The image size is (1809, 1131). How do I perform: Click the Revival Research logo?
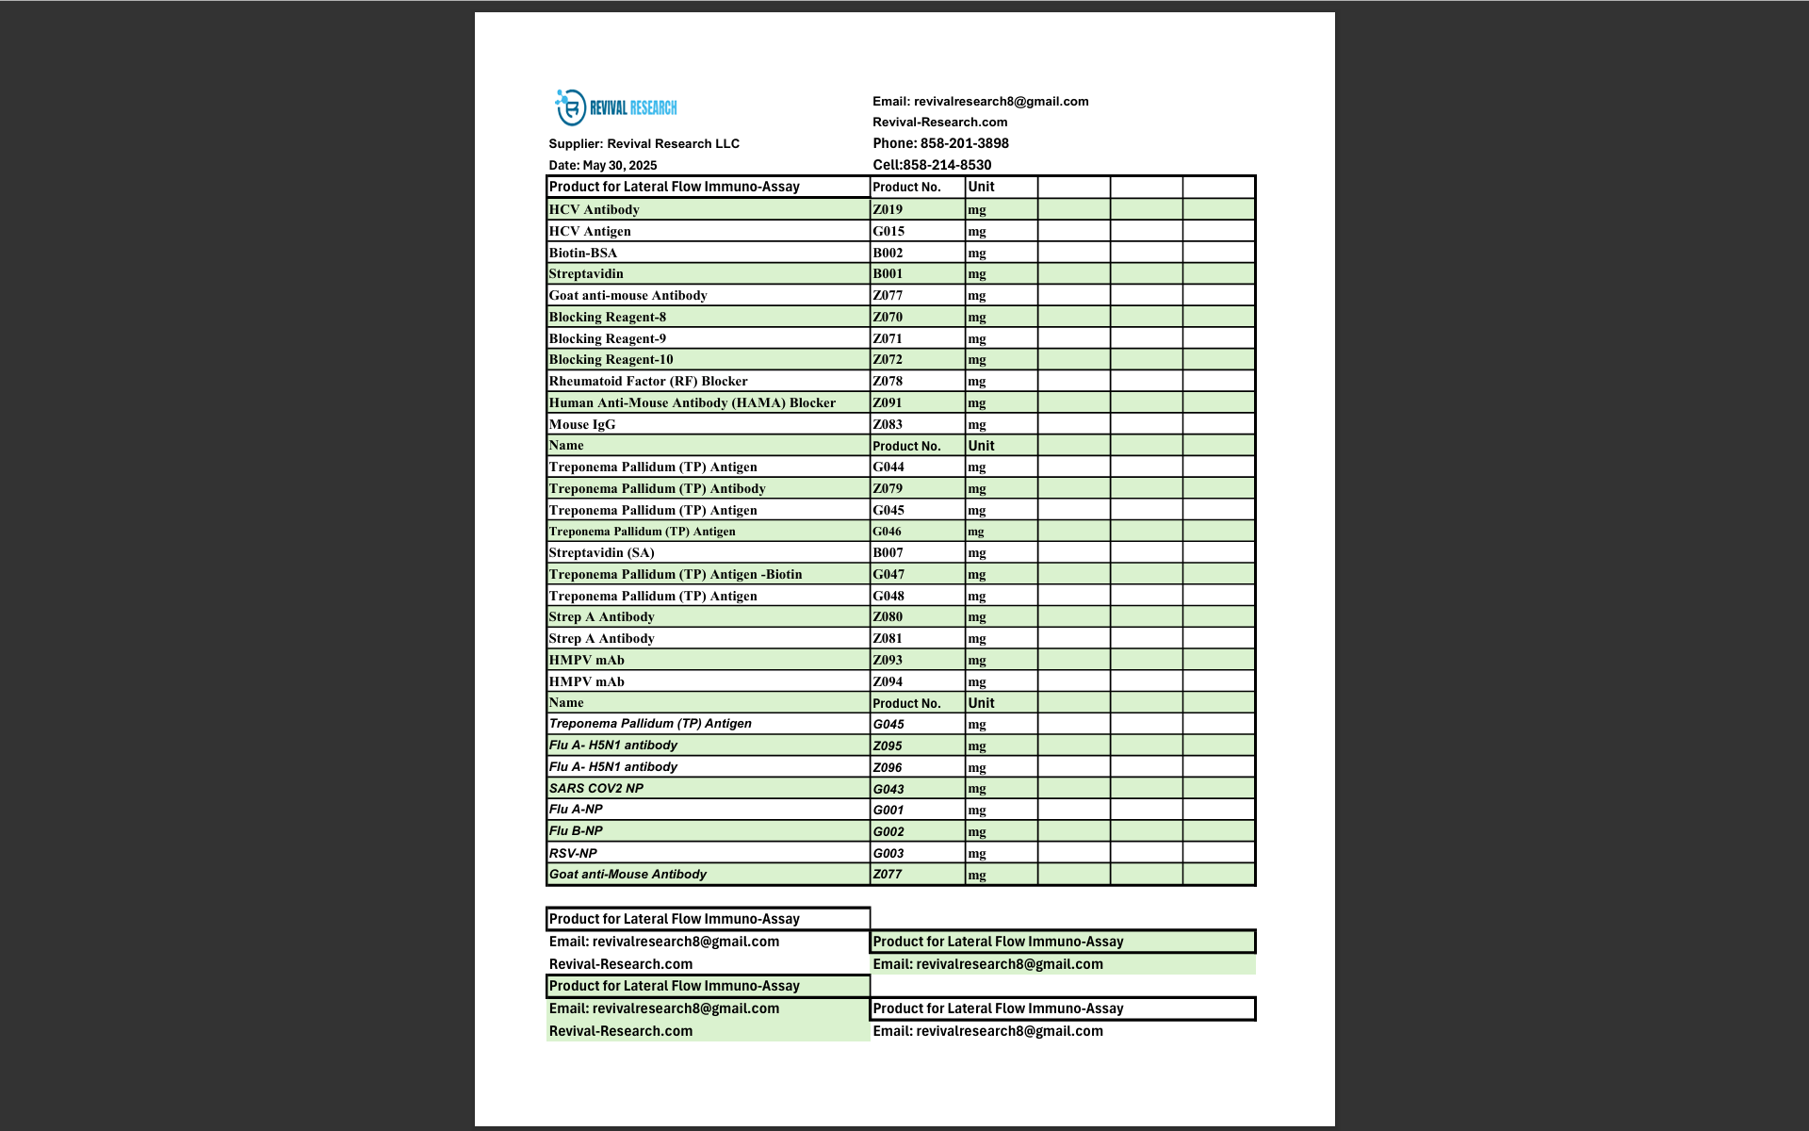point(616,107)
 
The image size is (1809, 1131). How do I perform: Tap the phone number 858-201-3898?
point(964,143)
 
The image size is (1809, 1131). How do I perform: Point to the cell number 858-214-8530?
point(946,165)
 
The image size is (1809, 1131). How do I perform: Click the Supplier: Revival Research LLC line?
point(644,143)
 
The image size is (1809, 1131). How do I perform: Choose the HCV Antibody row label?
point(594,209)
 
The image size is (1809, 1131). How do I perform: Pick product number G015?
point(888,231)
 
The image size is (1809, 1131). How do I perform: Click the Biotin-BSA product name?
point(582,253)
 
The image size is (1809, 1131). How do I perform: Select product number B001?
point(887,273)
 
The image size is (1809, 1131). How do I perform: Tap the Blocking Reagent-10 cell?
point(611,359)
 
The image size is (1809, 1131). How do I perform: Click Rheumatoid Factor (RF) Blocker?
point(647,381)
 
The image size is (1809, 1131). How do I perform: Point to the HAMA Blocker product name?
point(692,402)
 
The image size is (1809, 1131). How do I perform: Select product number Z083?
point(887,424)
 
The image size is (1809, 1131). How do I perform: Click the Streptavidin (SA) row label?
point(601,552)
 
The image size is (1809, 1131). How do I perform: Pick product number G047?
point(888,574)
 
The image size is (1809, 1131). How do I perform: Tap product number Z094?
point(887,681)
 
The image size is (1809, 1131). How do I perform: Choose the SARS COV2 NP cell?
point(595,788)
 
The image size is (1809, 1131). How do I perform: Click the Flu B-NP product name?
point(575,830)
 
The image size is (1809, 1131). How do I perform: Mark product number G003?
point(888,853)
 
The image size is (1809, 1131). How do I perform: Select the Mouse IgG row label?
point(581,424)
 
